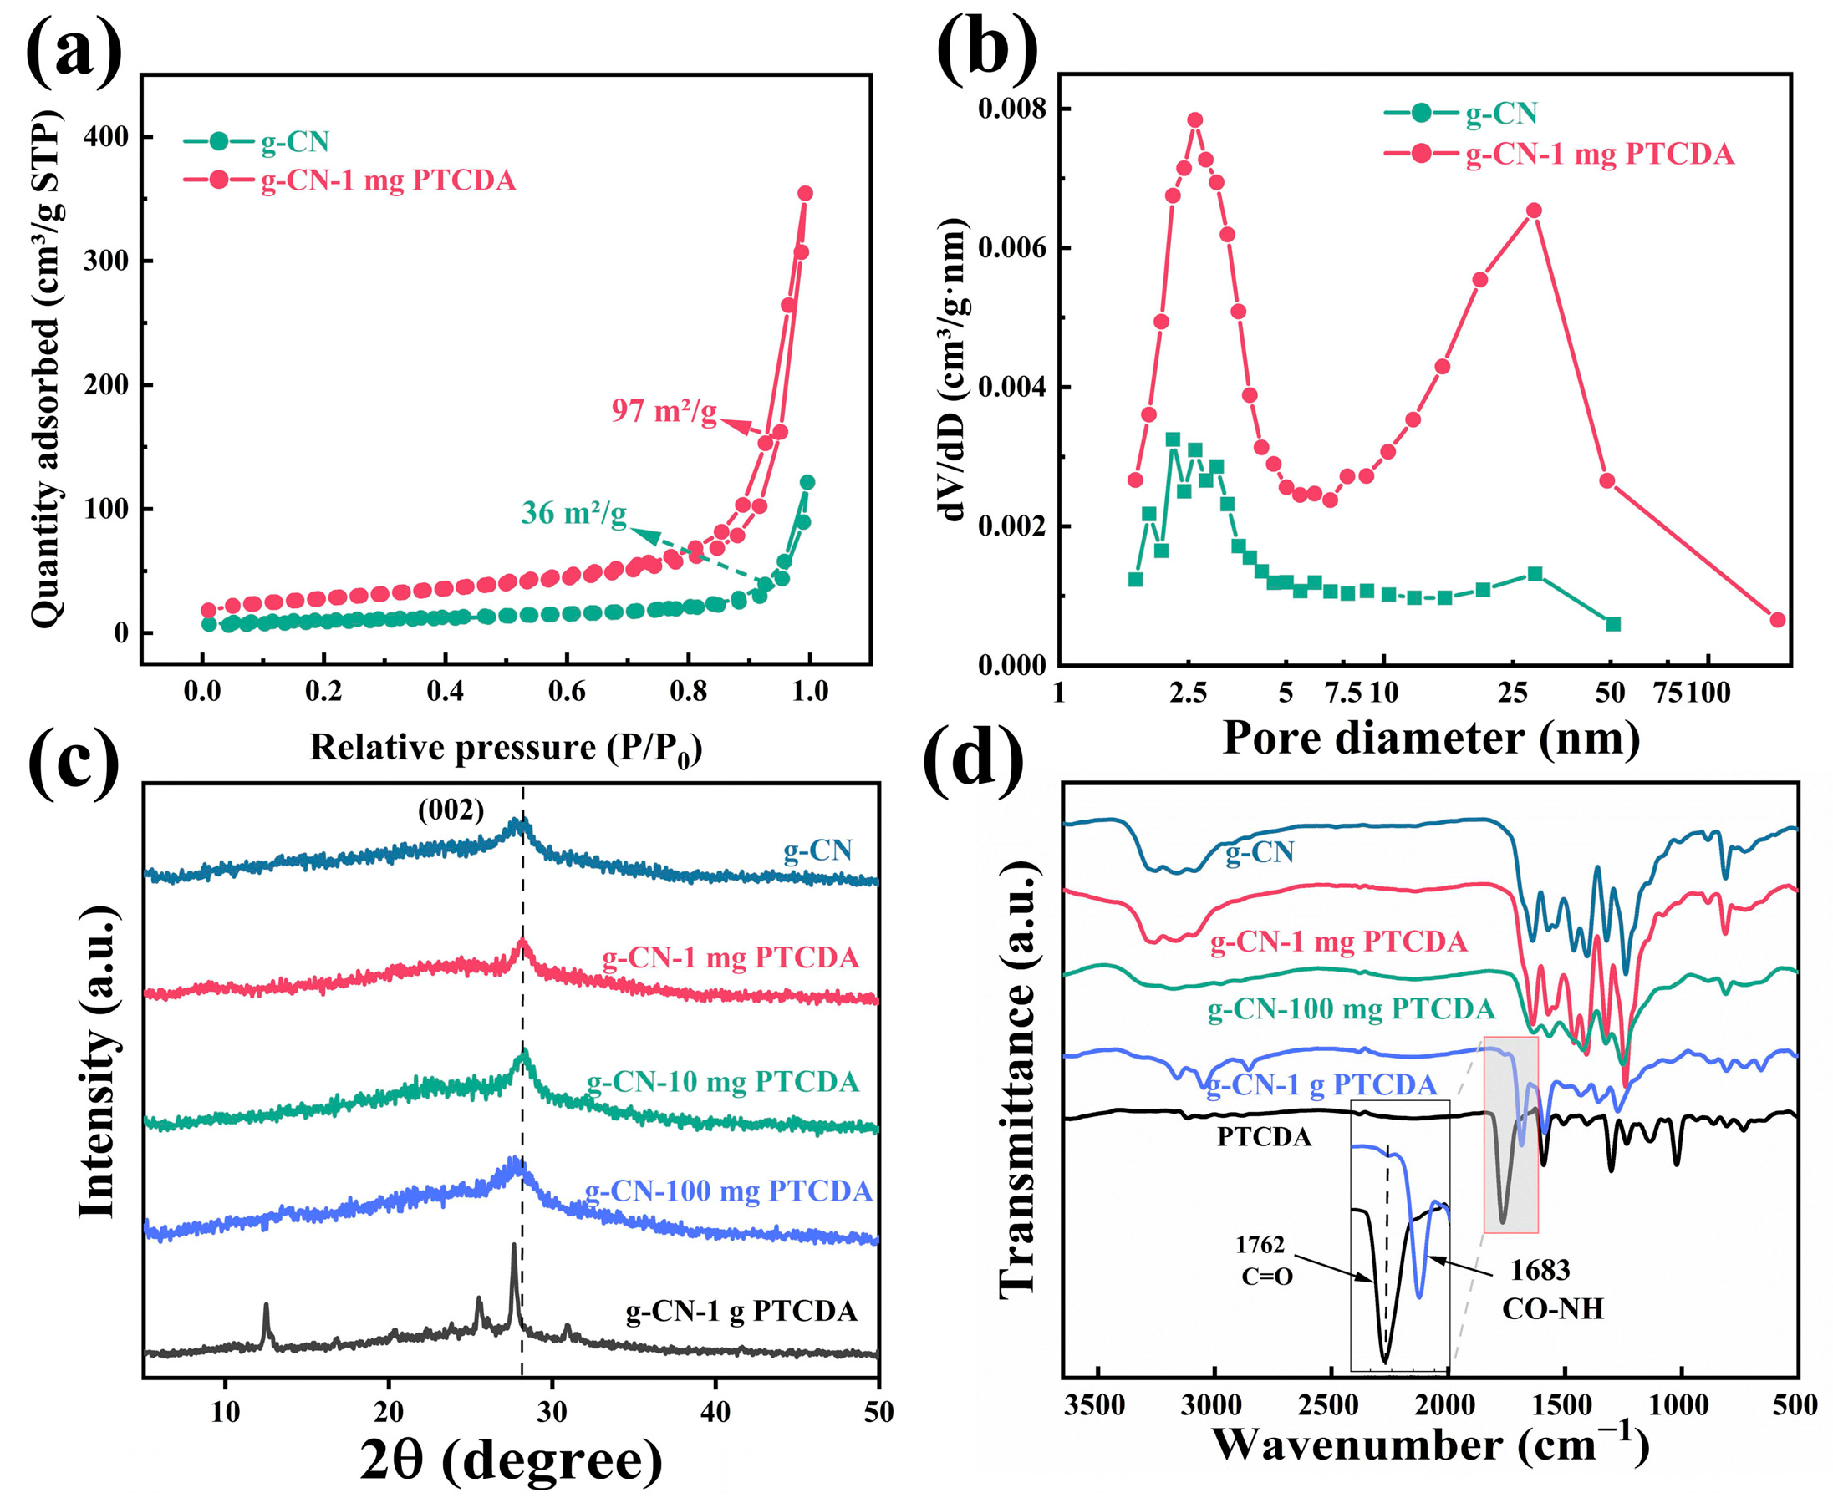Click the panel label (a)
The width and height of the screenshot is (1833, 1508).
[x=74, y=49]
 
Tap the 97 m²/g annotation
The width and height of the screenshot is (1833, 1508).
[x=664, y=410]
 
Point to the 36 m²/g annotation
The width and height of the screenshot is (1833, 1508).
[x=573, y=513]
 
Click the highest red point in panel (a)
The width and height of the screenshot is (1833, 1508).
[x=805, y=193]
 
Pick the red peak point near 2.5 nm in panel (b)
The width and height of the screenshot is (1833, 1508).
[x=1195, y=119]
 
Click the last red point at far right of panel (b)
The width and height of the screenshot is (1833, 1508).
[x=1777, y=619]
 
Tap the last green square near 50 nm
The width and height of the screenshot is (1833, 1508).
[x=1613, y=624]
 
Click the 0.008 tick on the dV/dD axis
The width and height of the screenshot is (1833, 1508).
[x=1011, y=109]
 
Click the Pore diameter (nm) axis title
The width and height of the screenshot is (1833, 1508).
[x=1431, y=739]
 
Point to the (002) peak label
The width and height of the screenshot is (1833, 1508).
[x=451, y=810]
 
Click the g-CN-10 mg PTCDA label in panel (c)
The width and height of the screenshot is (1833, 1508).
[x=722, y=1081]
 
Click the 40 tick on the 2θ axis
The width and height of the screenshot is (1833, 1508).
[x=716, y=1412]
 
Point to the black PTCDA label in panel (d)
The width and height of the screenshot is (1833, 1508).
[x=1264, y=1136]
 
